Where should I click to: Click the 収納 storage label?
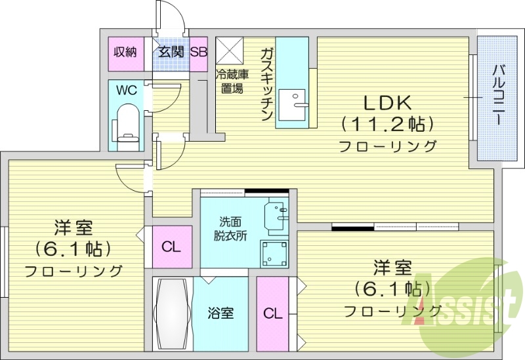[x=125, y=52]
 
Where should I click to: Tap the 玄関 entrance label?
[x=171, y=52]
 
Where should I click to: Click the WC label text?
[x=127, y=90]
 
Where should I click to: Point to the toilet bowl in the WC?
[x=126, y=125]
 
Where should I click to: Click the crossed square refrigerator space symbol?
[x=230, y=50]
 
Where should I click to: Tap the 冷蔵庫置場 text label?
[x=230, y=81]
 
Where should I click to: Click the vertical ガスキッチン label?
[x=266, y=83]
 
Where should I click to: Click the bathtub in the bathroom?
[x=172, y=313]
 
